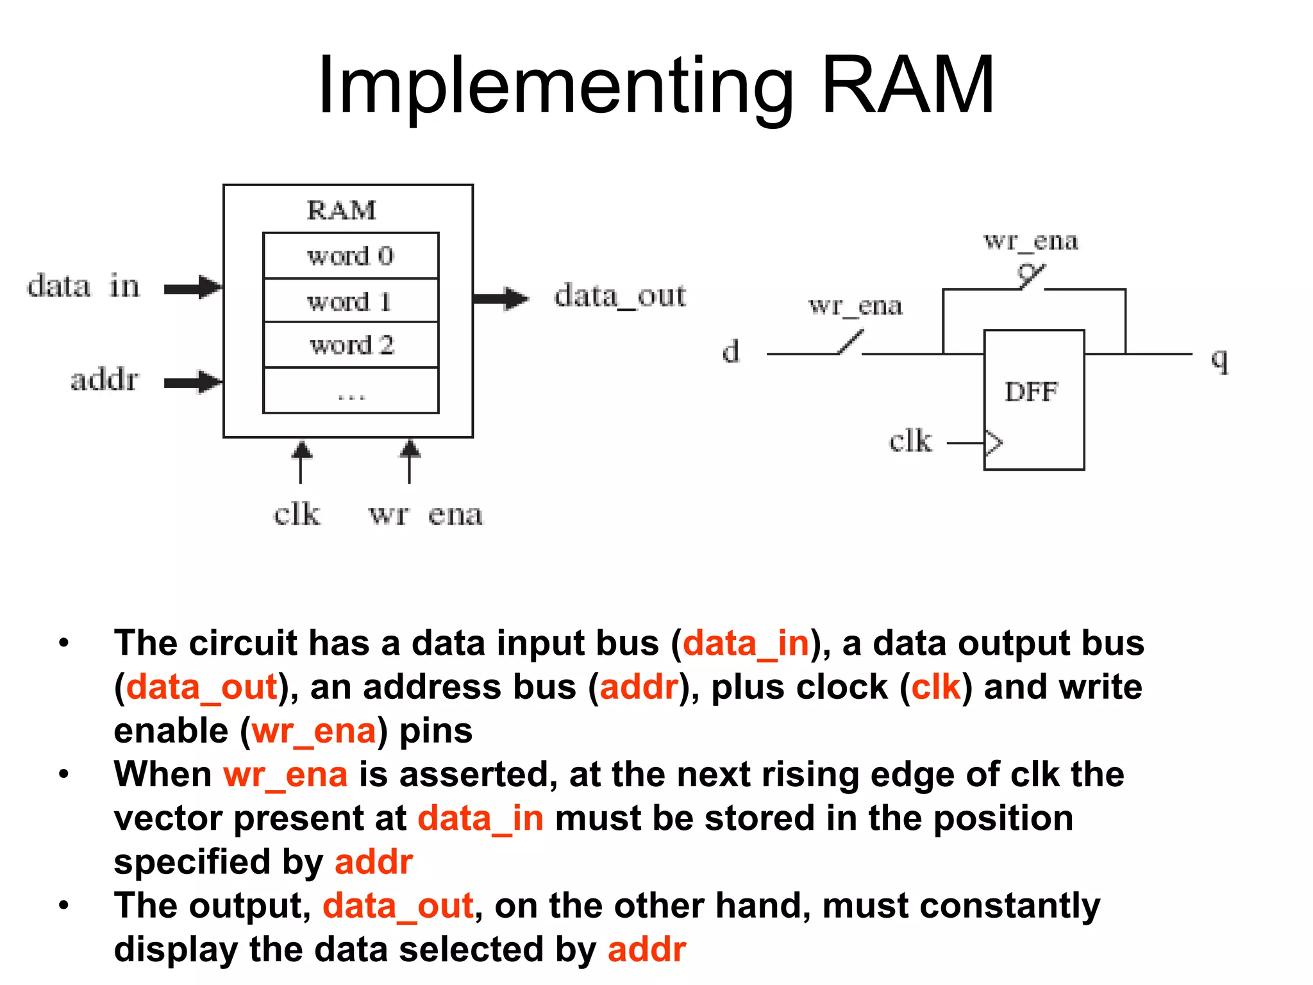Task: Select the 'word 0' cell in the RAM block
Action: click(351, 256)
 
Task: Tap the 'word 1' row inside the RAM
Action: click(351, 301)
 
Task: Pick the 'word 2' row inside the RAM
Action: click(351, 345)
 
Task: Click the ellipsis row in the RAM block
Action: click(351, 392)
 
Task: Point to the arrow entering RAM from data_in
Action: click(192, 288)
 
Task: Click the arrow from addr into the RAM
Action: click(192, 382)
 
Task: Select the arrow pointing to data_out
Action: click(501, 298)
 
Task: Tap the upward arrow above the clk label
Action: click(301, 460)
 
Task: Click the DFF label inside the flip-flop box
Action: click(1031, 392)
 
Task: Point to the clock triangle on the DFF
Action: click(993, 442)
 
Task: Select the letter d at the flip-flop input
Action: click(731, 351)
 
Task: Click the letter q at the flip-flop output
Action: click(1219, 359)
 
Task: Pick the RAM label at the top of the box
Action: click(341, 210)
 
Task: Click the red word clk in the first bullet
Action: click(936, 687)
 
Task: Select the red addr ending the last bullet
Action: click(646, 949)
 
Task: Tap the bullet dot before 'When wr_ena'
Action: click(63, 774)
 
